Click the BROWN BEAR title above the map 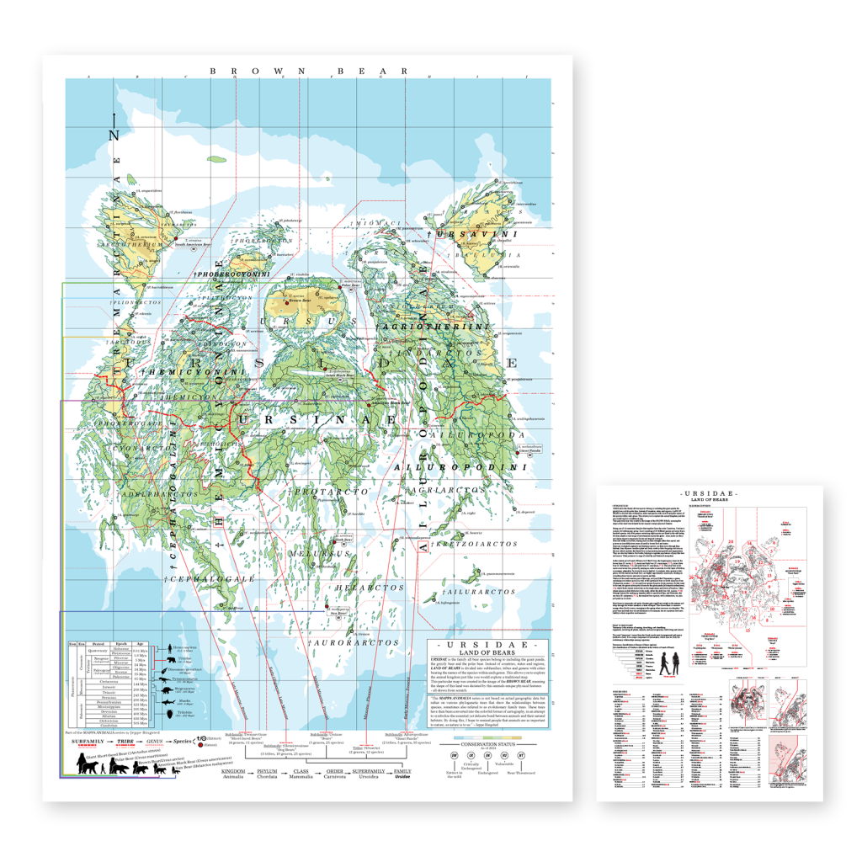click(308, 72)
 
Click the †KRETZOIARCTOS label click(473, 545)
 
